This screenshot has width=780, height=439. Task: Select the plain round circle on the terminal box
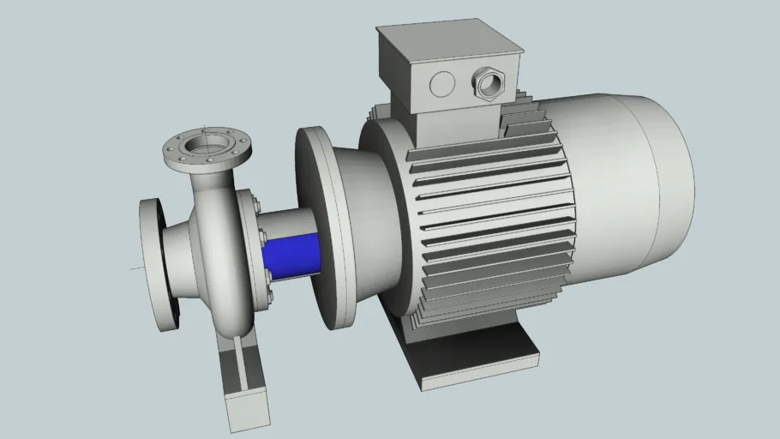click(x=442, y=83)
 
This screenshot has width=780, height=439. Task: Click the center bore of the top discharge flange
click(x=207, y=143)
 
